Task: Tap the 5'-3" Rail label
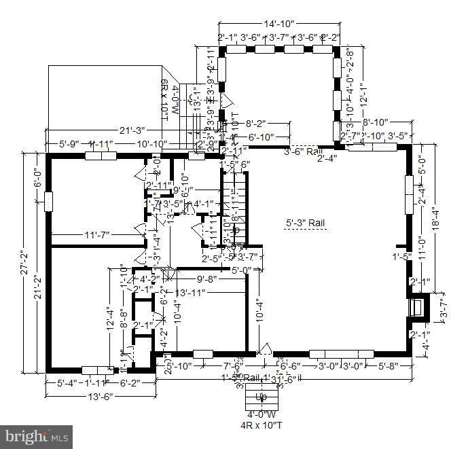306,222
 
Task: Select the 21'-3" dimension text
134,130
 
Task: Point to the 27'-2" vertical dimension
26,263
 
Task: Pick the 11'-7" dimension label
97,234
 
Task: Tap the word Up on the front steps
261,397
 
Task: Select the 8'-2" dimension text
259,124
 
